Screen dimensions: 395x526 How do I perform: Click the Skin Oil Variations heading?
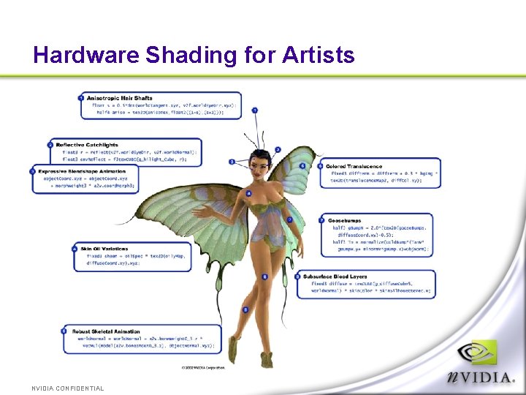click(x=104, y=249)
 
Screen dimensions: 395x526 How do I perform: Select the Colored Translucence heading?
click(x=354, y=166)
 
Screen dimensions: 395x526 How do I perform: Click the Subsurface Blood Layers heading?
click(x=335, y=276)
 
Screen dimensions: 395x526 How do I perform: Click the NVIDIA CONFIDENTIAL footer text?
click(x=68, y=388)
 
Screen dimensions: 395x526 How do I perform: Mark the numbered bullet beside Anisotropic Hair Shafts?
click(x=81, y=98)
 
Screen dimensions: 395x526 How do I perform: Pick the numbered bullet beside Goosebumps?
click(x=321, y=219)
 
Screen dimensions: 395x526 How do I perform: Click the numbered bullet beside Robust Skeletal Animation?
click(x=64, y=331)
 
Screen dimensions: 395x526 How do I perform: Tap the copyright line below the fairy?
click(x=203, y=367)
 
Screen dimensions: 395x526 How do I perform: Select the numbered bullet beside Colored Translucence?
click(x=321, y=166)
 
